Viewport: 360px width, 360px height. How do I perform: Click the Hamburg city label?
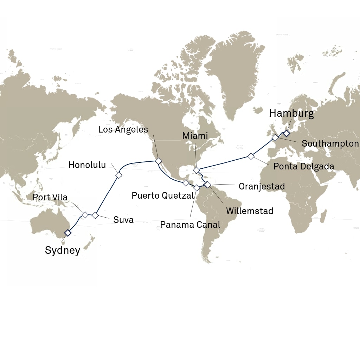(291, 114)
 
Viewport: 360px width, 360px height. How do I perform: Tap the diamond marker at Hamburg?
(287, 133)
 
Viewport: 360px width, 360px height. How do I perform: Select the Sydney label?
(63, 250)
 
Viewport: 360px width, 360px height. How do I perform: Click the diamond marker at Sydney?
(67, 233)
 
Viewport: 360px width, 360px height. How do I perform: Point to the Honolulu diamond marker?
(118, 175)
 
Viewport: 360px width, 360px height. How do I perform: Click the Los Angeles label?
(123, 129)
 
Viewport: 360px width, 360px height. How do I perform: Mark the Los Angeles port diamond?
(159, 161)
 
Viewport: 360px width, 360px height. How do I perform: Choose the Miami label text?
(195, 136)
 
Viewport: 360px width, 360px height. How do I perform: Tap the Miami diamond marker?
(196, 171)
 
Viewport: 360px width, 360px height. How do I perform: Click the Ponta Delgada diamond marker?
(251, 156)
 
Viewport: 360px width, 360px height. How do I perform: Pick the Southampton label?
(330, 143)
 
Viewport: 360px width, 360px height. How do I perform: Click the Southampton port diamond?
(275, 138)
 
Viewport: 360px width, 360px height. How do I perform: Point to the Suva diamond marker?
(95, 215)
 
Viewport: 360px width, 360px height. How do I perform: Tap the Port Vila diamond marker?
(85, 214)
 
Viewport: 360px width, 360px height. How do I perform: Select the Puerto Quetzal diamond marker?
(186, 183)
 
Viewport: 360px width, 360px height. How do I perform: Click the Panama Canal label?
(190, 224)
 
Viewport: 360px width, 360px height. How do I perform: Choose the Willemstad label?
(250, 211)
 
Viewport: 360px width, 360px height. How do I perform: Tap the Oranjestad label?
(262, 186)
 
